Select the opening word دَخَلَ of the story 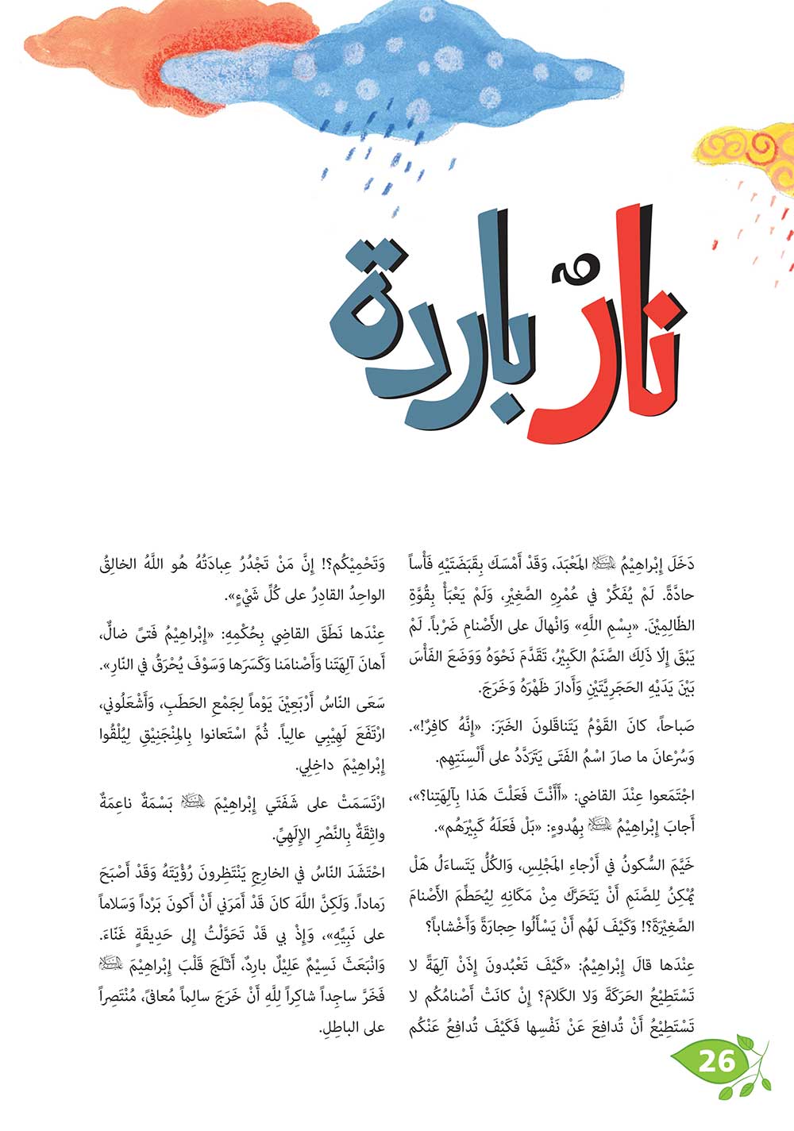680,564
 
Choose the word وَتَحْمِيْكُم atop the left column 353,564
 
